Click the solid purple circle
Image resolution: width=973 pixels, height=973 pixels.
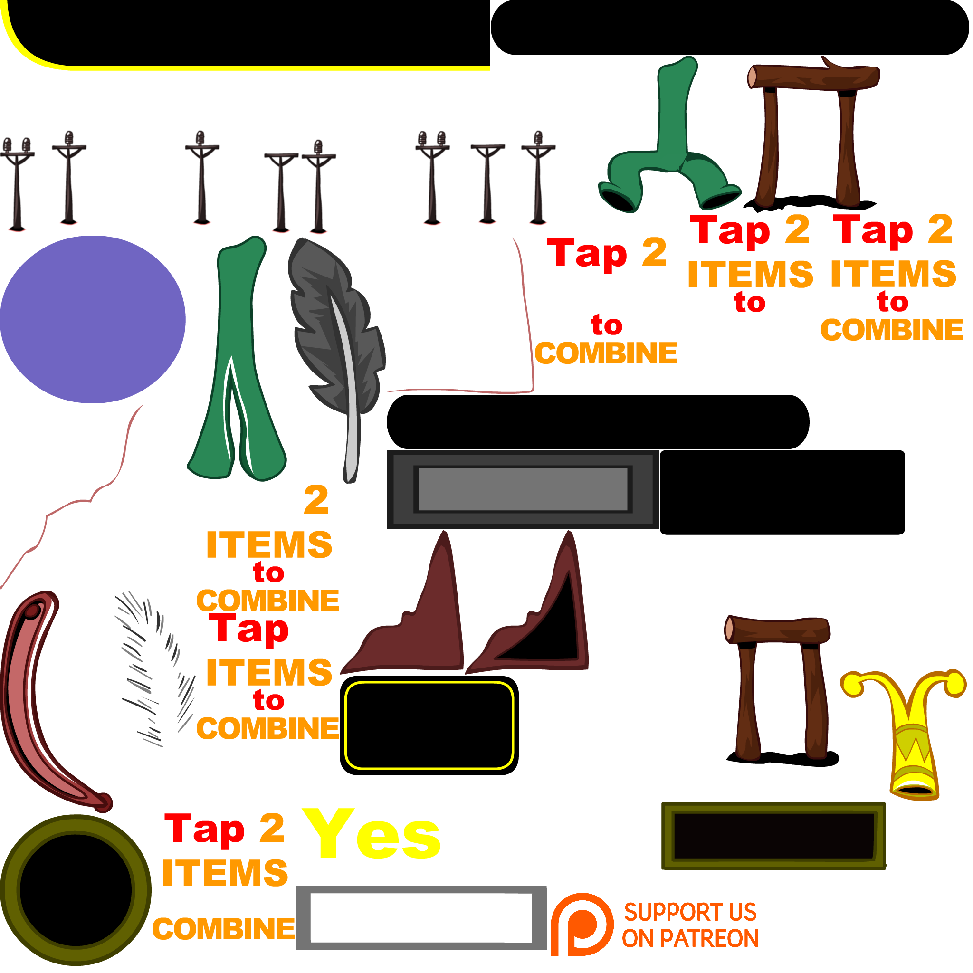tap(92, 319)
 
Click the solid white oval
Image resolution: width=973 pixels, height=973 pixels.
tap(603, 816)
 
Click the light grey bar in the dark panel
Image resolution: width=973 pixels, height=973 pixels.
tap(523, 489)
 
